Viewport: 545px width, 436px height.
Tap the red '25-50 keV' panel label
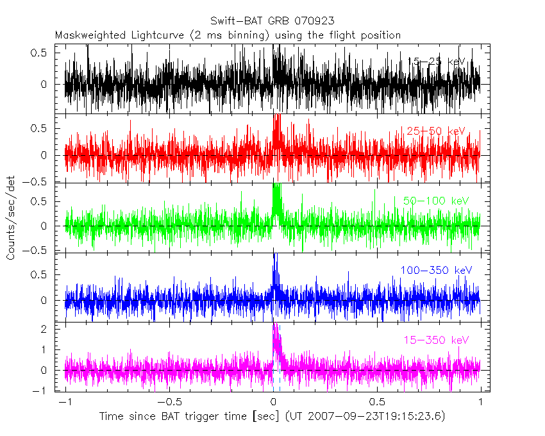click(435, 131)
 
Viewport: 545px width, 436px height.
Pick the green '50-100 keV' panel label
click(436, 201)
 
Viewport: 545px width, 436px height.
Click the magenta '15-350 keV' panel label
click(436, 339)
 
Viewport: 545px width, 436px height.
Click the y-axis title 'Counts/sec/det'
click(12, 218)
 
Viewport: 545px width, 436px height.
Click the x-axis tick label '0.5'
click(376, 402)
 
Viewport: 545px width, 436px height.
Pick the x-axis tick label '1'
click(480, 402)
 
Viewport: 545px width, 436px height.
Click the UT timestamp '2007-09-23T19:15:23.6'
click(376, 417)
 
